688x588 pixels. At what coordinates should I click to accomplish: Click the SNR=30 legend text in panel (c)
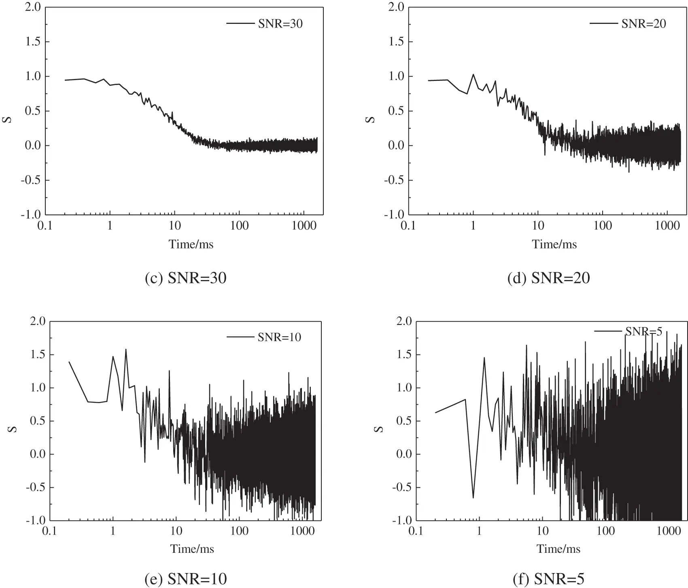pyautogui.click(x=280, y=24)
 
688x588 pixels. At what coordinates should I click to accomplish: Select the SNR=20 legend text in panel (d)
pyautogui.click(x=643, y=24)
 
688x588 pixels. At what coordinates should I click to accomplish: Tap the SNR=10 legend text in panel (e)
pyautogui.click(x=279, y=337)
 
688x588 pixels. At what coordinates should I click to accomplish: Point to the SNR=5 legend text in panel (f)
pyautogui.click(x=644, y=331)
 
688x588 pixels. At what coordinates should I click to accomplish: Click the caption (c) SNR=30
pyautogui.click(x=185, y=278)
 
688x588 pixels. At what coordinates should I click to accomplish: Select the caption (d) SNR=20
pyautogui.click(x=549, y=278)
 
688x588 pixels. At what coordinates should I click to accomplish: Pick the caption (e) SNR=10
pyautogui.click(x=185, y=579)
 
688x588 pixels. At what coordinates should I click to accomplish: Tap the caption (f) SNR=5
pyautogui.click(x=549, y=579)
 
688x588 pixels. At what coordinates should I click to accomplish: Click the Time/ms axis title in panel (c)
pyautogui.click(x=191, y=244)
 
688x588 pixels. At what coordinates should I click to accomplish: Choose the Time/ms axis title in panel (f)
pyautogui.click(x=558, y=549)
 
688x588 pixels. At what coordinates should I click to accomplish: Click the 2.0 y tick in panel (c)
pyautogui.click(x=32, y=7)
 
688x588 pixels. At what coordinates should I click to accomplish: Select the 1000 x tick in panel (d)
pyautogui.click(x=667, y=226)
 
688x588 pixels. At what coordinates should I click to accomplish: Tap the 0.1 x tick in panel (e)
pyautogui.click(x=50, y=531)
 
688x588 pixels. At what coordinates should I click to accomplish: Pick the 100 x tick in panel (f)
pyautogui.click(x=605, y=531)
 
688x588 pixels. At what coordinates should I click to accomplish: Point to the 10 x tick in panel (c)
pyautogui.click(x=174, y=226)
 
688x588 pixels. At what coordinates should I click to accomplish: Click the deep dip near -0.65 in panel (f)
pyautogui.click(x=473, y=497)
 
